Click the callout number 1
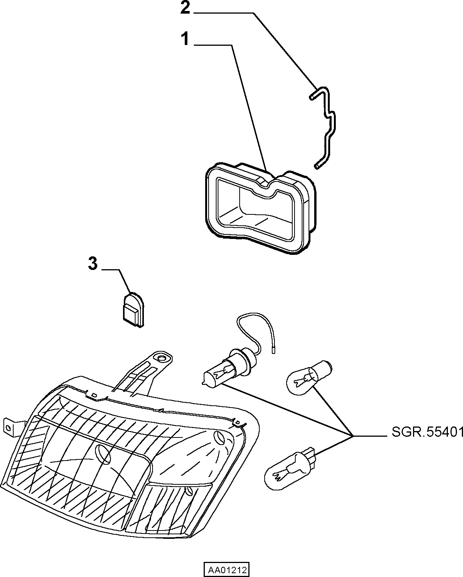[x=185, y=39]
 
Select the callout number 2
[x=185, y=8]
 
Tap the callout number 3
[x=93, y=263]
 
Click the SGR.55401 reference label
[x=427, y=432]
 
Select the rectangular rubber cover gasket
[x=260, y=208]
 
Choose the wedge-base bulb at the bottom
[x=290, y=467]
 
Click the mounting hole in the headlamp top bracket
[x=162, y=358]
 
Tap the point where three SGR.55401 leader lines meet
[x=352, y=436]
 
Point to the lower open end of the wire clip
[x=317, y=166]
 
